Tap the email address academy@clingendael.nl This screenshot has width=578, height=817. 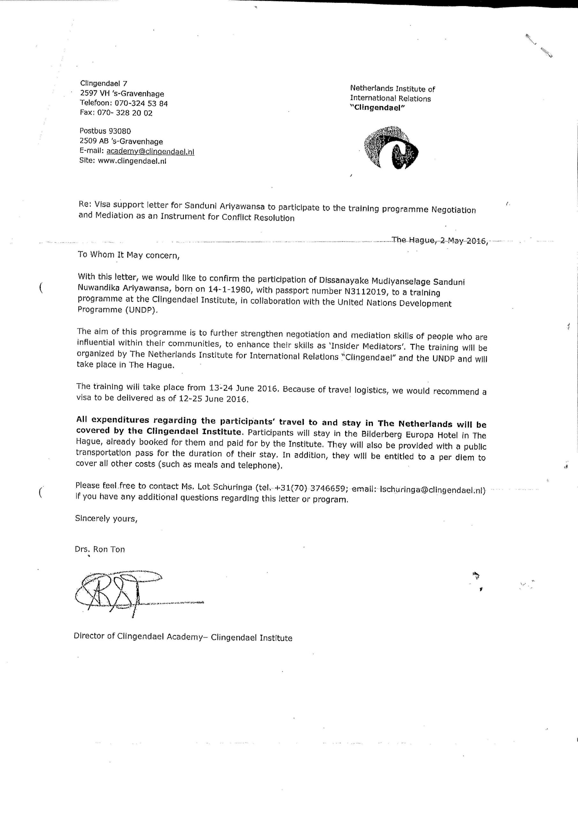point(150,151)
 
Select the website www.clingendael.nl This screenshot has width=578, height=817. point(132,161)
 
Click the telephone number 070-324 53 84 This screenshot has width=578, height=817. point(141,103)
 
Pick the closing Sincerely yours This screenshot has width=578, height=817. point(106,519)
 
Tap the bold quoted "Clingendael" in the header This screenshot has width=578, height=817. point(377,108)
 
